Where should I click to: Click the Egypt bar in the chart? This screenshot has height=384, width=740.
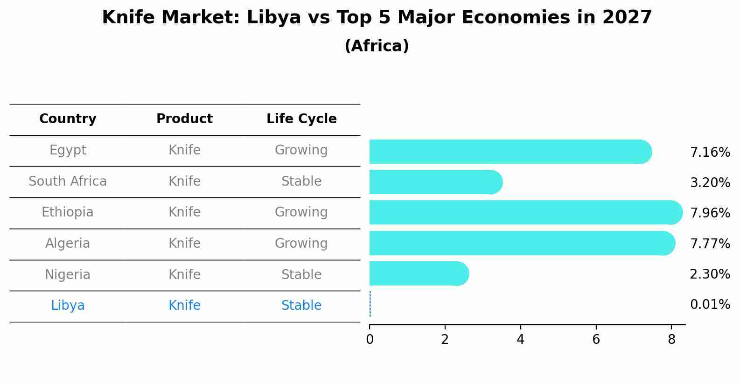(x=510, y=152)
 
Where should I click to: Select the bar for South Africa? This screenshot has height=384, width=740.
(x=435, y=182)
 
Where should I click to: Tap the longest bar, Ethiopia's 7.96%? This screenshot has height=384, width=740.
(x=525, y=212)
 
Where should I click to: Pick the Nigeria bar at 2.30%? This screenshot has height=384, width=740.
(x=419, y=273)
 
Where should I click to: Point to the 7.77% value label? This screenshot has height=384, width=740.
(x=710, y=244)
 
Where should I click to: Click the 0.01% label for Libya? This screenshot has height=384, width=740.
(x=710, y=305)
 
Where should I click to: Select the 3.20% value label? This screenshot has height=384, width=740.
(x=710, y=182)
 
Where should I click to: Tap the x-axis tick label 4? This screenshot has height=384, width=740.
(x=520, y=340)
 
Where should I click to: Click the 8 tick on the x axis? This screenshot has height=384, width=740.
(x=671, y=340)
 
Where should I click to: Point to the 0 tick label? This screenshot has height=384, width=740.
(x=370, y=340)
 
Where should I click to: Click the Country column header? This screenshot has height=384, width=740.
(x=68, y=119)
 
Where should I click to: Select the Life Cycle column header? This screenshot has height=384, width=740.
(x=301, y=119)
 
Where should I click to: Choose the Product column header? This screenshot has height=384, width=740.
(x=184, y=119)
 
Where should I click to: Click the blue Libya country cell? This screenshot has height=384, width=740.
(x=68, y=306)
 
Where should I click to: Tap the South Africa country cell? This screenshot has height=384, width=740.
(x=68, y=182)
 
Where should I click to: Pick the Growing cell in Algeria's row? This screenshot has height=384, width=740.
(x=301, y=243)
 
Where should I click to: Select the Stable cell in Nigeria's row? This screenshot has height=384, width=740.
(x=301, y=274)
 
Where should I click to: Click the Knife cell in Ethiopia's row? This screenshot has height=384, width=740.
(x=184, y=212)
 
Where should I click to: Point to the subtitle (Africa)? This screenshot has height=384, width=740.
(x=377, y=46)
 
